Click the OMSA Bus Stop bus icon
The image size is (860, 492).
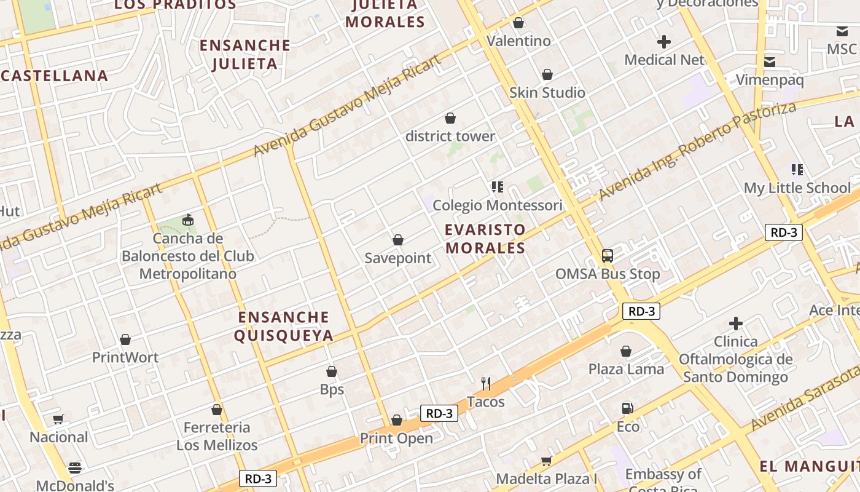[x=607, y=255]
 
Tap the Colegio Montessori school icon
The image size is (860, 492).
[x=497, y=186]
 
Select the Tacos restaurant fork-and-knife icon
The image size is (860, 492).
[x=486, y=384]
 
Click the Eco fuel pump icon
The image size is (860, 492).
[x=627, y=408]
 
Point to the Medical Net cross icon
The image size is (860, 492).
[x=663, y=42]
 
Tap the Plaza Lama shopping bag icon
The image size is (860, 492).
[x=625, y=351]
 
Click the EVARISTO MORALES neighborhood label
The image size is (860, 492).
[x=485, y=239]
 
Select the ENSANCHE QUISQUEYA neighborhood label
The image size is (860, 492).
[x=285, y=326]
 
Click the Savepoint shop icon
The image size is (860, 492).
[x=398, y=240]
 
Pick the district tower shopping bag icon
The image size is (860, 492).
[x=450, y=118]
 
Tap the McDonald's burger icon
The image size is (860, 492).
[x=75, y=468]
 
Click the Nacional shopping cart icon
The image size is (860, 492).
[x=58, y=419]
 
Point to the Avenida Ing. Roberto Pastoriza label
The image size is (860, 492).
[x=697, y=151]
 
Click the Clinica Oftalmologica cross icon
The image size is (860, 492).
[x=735, y=323]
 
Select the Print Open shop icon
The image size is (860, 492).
[x=397, y=420]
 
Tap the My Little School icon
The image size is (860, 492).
[x=797, y=170]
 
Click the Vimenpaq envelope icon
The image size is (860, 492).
[x=769, y=61]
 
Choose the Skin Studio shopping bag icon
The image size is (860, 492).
[x=547, y=74]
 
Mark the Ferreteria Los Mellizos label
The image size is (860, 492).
[x=217, y=436]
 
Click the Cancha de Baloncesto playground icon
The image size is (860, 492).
[x=188, y=220]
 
